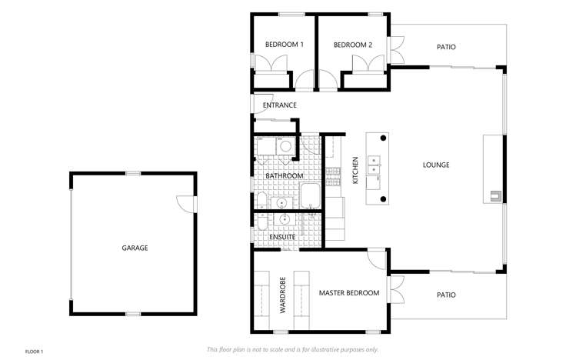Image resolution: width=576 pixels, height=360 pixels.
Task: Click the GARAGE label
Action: tap(135, 248)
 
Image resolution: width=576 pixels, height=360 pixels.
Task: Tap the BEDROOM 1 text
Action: tap(285, 45)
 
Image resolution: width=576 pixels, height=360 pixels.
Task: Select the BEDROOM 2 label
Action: tap(353, 45)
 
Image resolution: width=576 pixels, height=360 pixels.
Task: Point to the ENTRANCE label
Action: tap(279, 105)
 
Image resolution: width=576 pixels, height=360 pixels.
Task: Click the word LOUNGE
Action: tap(436, 165)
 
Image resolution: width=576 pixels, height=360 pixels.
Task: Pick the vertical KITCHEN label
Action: tap(355, 170)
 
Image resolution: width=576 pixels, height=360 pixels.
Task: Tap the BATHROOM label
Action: tap(285, 176)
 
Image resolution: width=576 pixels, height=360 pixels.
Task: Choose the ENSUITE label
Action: tap(282, 237)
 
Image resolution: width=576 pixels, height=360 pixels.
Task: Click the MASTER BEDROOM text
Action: tap(349, 293)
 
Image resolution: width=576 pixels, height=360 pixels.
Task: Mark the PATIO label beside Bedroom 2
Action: tap(446, 47)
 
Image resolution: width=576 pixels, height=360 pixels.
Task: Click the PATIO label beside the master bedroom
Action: tap(446, 295)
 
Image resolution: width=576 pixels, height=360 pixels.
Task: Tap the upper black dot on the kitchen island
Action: tap(384, 138)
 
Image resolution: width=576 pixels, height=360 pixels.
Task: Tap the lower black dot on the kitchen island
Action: tap(384, 200)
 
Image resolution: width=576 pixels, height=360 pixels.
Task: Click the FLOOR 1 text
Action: tap(35, 352)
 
